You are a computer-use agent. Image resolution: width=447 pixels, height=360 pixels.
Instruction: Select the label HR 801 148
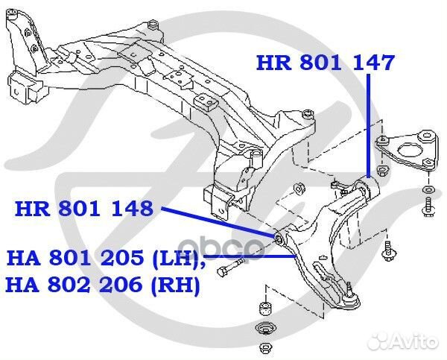tap(83, 208)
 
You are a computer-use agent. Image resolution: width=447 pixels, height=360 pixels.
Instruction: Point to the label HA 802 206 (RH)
tap(104, 285)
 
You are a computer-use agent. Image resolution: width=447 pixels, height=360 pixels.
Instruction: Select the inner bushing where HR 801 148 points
tap(280, 239)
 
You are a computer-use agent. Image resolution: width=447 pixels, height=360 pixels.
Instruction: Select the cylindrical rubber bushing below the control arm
tap(264, 307)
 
